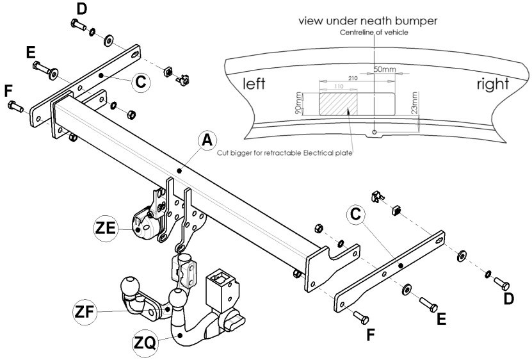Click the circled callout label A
point(207,140)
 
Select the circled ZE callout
point(106,228)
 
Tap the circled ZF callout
point(85,312)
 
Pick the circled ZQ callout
point(145,343)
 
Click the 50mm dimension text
point(384,69)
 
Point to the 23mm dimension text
point(414,103)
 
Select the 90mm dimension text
point(298,103)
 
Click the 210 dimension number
point(353,78)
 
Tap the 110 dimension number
point(339,86)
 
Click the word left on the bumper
point(254,83)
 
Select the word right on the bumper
point(493,84)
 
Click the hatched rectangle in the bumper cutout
point(338,104)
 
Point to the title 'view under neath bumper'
point(367,20)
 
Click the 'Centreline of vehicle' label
point(374,33)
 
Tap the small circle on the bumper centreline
point(375,132)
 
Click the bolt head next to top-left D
point(75,23)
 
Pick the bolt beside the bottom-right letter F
point(361,318)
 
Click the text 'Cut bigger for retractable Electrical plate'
point(285,153)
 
